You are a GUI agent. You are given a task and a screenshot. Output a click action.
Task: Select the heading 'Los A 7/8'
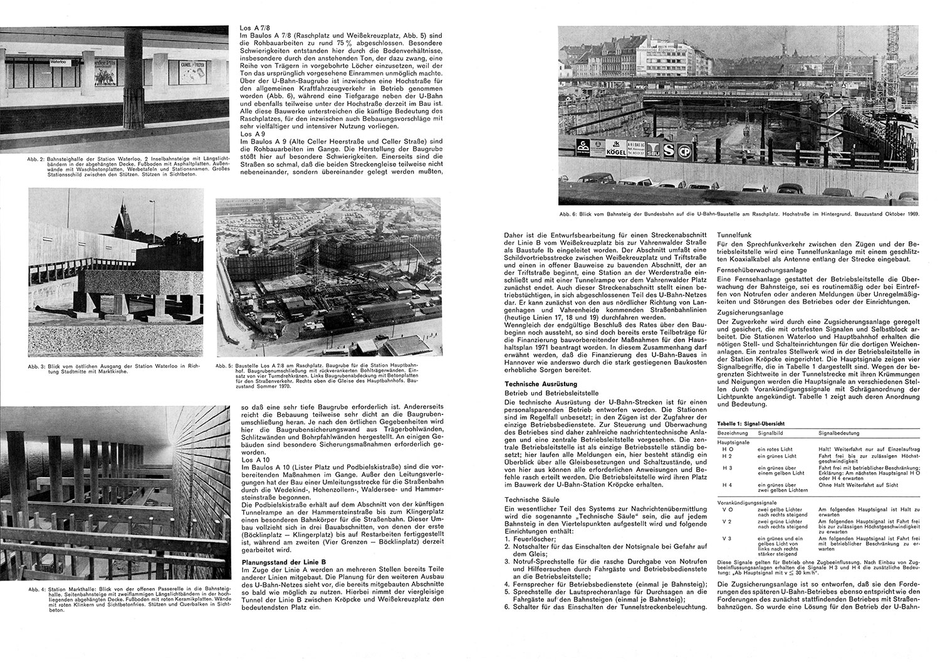[254, 29]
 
